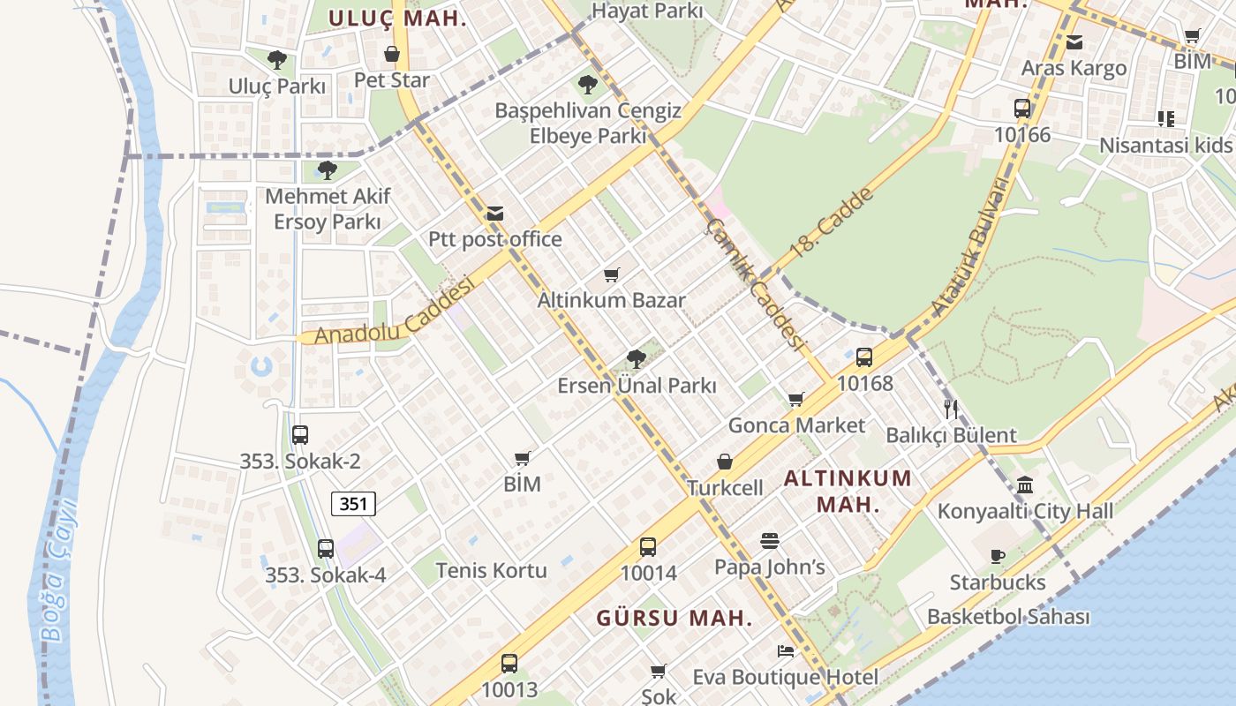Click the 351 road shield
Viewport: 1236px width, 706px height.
353,504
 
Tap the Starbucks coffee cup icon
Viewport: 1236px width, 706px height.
997,556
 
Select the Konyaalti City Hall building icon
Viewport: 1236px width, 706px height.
1025,484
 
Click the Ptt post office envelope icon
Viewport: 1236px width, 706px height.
494,214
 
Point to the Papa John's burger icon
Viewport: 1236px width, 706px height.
769,540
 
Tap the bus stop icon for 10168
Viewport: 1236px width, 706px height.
864,357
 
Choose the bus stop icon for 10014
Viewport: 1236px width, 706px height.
648,547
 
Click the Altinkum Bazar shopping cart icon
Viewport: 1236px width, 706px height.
612,274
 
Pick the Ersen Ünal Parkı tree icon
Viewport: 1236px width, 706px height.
636,359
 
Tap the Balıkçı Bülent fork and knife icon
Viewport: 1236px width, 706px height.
951,409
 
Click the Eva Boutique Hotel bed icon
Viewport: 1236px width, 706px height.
786,651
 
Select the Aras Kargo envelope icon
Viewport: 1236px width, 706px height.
1074,41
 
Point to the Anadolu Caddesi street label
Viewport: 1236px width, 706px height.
394,312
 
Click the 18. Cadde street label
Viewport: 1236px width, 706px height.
831,222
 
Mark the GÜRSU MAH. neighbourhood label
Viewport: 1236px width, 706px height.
674,618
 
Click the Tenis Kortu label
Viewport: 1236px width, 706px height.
491,570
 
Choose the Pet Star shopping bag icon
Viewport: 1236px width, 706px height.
392,55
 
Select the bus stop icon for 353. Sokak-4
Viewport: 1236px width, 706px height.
326,549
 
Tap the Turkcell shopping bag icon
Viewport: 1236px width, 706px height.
725,462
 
